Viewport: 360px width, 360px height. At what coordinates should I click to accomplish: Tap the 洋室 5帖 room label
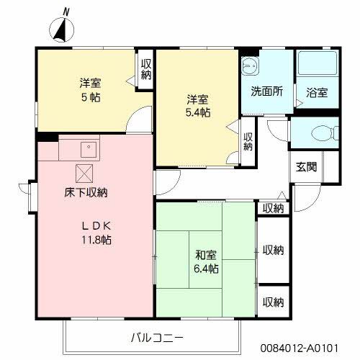tap(90, 89)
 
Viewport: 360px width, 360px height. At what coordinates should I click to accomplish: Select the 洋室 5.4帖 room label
tap(196, 106)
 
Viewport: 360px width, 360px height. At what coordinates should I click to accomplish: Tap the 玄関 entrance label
tap(305, 166)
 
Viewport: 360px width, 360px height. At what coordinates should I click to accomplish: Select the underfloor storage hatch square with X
tap(84, 173)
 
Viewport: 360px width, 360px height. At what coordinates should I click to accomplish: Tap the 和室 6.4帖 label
tap(206, 261)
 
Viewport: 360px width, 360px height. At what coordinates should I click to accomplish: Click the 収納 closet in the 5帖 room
tap(145, 70)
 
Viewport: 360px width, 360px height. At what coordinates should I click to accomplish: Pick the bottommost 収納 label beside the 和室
tap(272, 302)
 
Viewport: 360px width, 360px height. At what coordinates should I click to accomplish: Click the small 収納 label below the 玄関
tap(272, 208)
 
